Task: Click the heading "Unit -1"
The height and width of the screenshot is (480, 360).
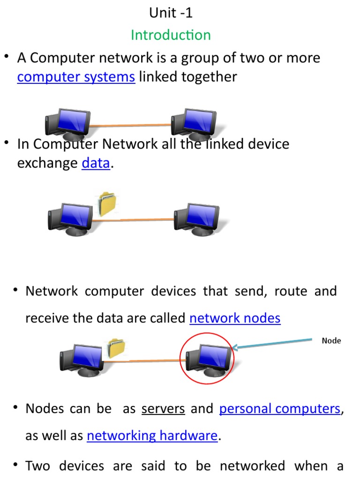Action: coord(171,13)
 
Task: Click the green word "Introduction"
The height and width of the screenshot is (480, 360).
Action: coord(171,35)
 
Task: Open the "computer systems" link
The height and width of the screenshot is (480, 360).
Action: coord(76,77)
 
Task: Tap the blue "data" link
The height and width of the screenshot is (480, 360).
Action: coord(96,163)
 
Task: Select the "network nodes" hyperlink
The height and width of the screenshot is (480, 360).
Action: coord(235,318)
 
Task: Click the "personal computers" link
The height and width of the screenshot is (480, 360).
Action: coord(280,409)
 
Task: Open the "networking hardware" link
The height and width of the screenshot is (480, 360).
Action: coord(152,436)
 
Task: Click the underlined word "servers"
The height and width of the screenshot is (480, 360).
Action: coord(163,409)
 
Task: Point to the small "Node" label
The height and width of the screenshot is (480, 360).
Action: coord(331,341)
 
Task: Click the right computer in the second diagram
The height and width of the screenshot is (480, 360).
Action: coord(196,218)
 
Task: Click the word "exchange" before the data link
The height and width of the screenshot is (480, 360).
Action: coord(47,163)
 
